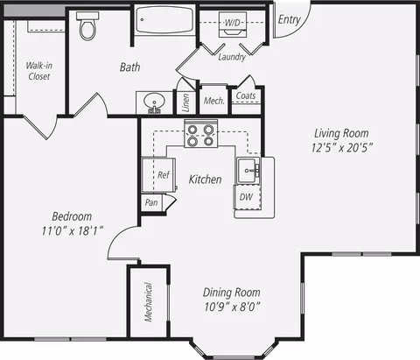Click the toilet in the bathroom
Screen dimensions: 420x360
tap(87, 25)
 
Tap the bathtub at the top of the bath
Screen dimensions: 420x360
tap(164, 20)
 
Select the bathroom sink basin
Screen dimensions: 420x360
tap(154, 101)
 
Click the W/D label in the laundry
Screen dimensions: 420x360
tap(233, 23)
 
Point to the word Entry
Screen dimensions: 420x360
tap(289, 19)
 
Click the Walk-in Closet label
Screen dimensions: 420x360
tap(39, 71)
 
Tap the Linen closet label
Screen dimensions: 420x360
tap(185, 102)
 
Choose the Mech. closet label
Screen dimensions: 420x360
tap(214, 101)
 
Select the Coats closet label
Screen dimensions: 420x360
tap(246, 95)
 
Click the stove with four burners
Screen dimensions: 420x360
tap(201, 133)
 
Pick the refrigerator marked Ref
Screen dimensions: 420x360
tap(158, 174)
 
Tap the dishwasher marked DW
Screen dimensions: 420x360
tap(248, 197)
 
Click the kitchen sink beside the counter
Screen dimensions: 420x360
tap(248, 171)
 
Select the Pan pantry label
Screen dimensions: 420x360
tap(151, 202)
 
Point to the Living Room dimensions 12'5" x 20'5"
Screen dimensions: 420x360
tap(342, 148)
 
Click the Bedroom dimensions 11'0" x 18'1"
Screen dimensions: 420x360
tap(73, 231)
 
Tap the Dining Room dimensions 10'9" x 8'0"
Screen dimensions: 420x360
tap(232, 307)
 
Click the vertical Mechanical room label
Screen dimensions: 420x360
tap(149, 302)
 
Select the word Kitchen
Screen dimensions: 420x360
tap(206, 180)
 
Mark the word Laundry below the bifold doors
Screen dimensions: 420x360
tap(232, 57)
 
